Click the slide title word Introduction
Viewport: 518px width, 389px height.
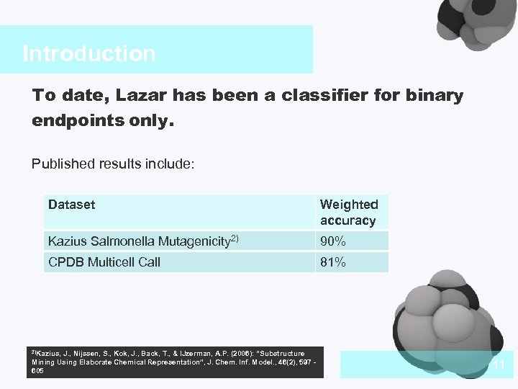pyautogui.click(x=88, y=53)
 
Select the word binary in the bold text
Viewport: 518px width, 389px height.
pyautogui.click(x=434, y=96)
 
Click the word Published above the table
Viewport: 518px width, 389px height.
pyautogui.click(x=62, y=164)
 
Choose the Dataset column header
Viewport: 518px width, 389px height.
pyautogui.click(x=71, y=205)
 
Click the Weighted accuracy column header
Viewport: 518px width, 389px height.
pyautogui.click(x=349, y=213)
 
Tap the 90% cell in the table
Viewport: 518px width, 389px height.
pyautogui.click(x=333, y=241)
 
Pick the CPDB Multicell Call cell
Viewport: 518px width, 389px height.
pyautogui.click(x=104, y=262)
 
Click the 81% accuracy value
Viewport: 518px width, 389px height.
pyautogui.click(x=333, y=263)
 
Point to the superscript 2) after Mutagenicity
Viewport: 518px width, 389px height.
pyautogui.click(x=235, y=237)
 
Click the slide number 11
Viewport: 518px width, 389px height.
pyautogui.click(x=499, y=366)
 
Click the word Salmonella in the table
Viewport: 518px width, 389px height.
pyautogui.click(x=114, y=241)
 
